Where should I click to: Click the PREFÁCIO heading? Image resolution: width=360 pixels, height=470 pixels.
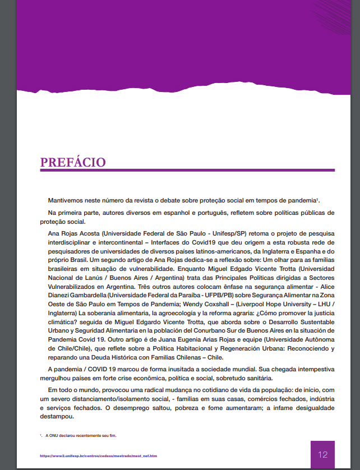73,162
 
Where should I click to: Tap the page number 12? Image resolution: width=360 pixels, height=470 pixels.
322,455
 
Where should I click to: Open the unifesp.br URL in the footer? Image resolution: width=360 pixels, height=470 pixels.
99,455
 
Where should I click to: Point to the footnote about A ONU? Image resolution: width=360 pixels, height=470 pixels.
81,435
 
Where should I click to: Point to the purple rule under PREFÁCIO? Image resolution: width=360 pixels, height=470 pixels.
187,170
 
